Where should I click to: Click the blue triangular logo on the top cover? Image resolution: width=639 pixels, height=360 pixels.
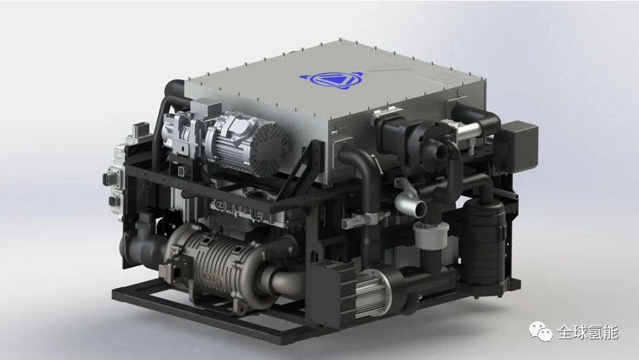click(331, 79)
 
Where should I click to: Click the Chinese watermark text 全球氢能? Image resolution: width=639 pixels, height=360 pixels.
click(588, 332)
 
